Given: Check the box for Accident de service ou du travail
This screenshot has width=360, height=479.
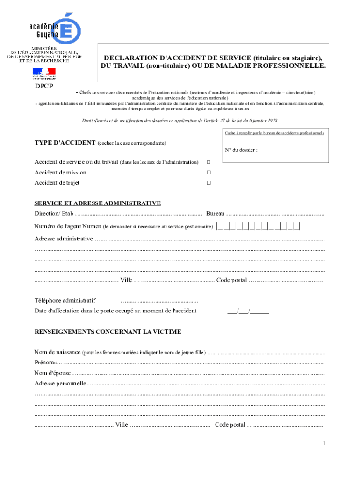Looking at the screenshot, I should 209,162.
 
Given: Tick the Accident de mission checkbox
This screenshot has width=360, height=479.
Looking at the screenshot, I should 209,173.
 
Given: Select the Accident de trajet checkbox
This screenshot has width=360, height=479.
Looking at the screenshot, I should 209,183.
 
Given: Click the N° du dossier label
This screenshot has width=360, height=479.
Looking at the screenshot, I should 241,150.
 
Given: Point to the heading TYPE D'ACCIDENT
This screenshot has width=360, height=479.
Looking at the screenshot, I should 65,142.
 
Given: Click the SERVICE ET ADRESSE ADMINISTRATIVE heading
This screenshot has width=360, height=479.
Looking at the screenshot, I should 98,203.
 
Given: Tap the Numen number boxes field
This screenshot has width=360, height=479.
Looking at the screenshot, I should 258,227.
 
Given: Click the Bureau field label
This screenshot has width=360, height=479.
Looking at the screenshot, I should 215,214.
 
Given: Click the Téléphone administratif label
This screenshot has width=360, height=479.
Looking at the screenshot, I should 65,300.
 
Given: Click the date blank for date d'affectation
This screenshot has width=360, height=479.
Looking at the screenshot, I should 248,311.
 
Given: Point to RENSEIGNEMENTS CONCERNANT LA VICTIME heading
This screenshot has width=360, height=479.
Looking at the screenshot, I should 108,332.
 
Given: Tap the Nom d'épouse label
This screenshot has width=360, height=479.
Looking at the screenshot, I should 52,373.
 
